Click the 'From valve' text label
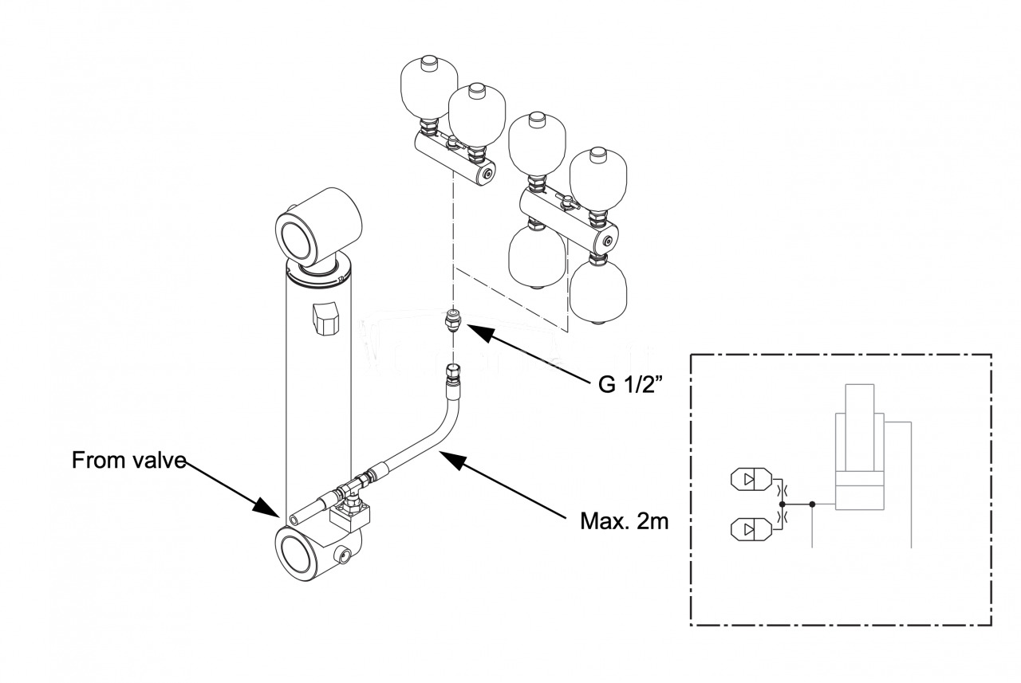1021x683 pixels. pos(128,460)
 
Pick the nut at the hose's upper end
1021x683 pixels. pos(452,371)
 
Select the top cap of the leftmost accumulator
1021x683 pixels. pos(428,61)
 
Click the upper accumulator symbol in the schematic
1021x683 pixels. pos(751,481)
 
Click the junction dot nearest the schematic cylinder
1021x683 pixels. pos(812,504)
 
